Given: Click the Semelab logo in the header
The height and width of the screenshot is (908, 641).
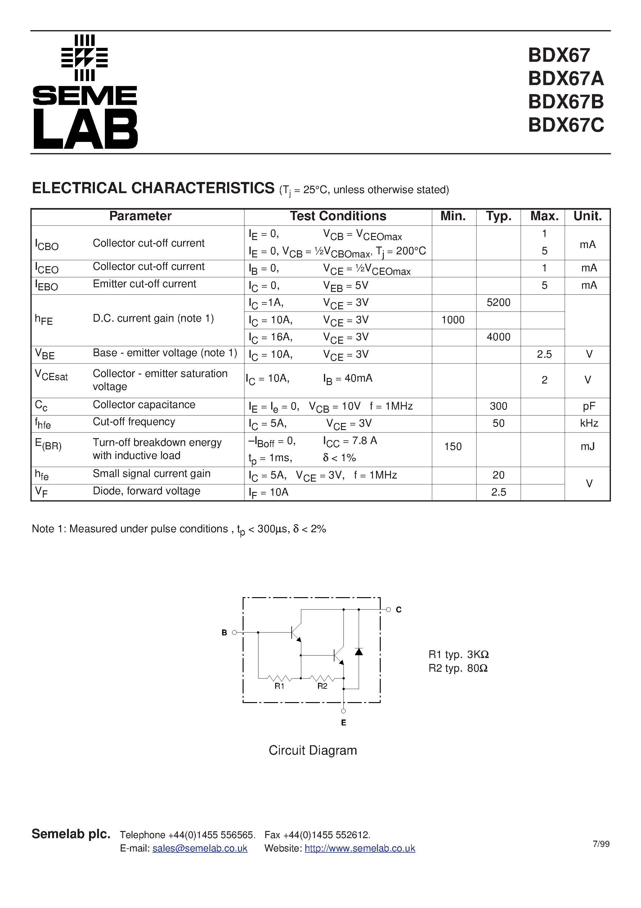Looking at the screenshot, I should tap(85, 92).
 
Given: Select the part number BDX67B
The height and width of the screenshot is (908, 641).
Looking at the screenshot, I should tap(566, 102).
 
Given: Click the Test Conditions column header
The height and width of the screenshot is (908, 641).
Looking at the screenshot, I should tap(338, 216).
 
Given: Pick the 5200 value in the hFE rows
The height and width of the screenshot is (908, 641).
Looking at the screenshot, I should tap(498, 302).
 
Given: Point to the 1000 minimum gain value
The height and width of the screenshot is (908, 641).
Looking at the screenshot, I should tap(453, 320).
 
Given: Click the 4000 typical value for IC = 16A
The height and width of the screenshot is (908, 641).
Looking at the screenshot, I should tap(498, 337).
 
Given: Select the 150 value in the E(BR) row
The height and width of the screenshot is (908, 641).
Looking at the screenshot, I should tap(453, 447).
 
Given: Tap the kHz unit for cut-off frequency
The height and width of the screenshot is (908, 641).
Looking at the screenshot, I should tap(589, 423).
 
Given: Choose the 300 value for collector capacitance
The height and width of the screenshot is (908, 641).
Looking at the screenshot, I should tap(498, 406).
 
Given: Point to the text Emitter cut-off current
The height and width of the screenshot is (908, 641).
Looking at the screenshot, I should tap(144, 284).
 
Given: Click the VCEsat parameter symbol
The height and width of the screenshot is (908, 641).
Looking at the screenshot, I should tap(52, 375).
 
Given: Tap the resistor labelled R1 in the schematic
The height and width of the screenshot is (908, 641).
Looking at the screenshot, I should tap(280, 679).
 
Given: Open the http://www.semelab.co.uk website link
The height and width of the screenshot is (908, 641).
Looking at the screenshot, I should tap(360, 848).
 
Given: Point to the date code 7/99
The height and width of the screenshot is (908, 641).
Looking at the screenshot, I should tap(601, 844).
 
